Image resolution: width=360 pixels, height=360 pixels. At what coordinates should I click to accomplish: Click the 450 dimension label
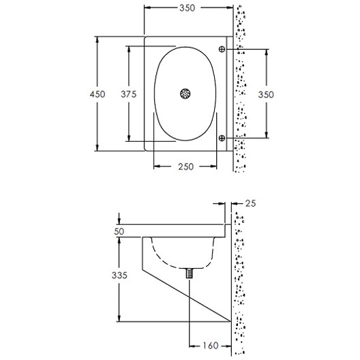97,94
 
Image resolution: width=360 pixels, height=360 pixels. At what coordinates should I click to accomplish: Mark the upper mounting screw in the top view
222,49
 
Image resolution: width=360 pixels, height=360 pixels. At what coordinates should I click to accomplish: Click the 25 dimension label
250,202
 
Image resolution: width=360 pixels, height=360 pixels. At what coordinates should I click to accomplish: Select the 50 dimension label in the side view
119,232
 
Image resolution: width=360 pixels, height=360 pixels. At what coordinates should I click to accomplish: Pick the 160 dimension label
211,346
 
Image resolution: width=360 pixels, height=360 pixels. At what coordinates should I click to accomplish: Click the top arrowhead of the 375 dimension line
127,48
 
